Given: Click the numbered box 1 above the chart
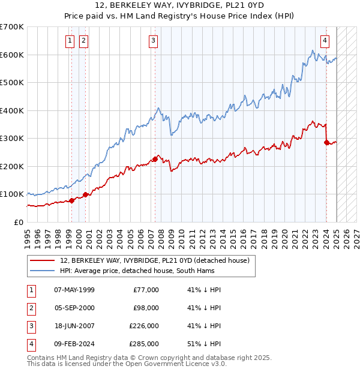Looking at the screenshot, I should click(70, 41).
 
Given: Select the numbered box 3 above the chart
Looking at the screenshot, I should click(154, 41).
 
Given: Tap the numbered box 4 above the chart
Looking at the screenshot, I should click(325, 41).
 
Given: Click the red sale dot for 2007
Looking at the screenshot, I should click(155, 159).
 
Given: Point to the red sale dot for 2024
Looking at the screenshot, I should click(326, 143).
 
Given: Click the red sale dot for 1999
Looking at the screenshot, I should click(71, 200).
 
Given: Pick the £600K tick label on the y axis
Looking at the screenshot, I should click(12, 55).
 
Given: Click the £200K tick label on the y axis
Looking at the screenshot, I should click(12, 166).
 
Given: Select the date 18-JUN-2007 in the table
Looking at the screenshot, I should click(74, 326).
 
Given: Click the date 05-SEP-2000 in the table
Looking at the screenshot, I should click(74, 308).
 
